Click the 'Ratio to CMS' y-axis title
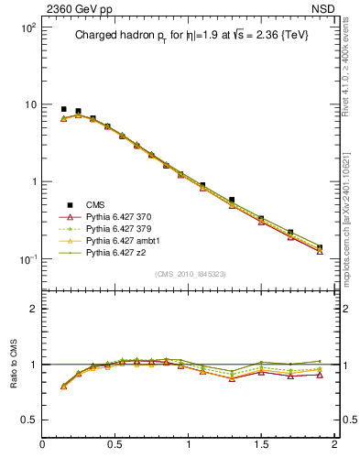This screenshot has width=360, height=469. [x=15, y=365]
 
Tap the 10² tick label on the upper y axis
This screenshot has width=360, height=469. [x=27, y=27]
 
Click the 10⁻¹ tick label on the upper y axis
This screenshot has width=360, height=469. [x=27, y=258]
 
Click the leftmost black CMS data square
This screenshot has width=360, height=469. [x=63, y=109]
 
